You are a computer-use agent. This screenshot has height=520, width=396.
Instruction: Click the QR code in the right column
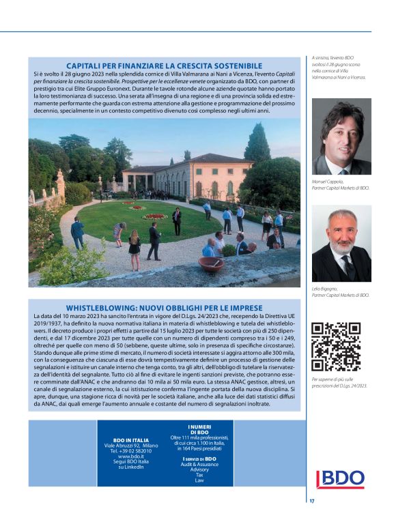pos(335,346)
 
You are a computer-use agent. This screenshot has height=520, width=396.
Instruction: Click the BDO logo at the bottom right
pos(339,479)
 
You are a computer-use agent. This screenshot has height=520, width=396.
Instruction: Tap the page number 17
pos(311,502)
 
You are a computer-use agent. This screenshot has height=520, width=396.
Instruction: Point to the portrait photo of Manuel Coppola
pos(341,136)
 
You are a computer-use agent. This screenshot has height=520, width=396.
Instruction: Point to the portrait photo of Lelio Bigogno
pos(341,243)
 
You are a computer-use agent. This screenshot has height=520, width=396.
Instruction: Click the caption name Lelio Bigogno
pos(324,289)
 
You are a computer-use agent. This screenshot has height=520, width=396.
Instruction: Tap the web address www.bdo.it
pos(131,457)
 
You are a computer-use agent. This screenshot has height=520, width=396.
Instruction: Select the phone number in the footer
pos(131,451)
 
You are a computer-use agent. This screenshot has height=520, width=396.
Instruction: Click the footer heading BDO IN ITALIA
pos(131,440)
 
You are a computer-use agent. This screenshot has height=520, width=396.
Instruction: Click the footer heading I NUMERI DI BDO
pos(199,429)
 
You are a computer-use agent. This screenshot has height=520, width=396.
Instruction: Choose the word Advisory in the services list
pos(199,470)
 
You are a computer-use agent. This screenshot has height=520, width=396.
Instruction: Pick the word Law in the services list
pos(199,480)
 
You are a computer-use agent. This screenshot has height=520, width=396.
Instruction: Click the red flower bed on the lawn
pos(154,216)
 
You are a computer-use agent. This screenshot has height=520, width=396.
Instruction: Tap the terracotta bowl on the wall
pos(210,263)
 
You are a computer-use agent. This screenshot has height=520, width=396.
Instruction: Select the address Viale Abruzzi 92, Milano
pos(131,446)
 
